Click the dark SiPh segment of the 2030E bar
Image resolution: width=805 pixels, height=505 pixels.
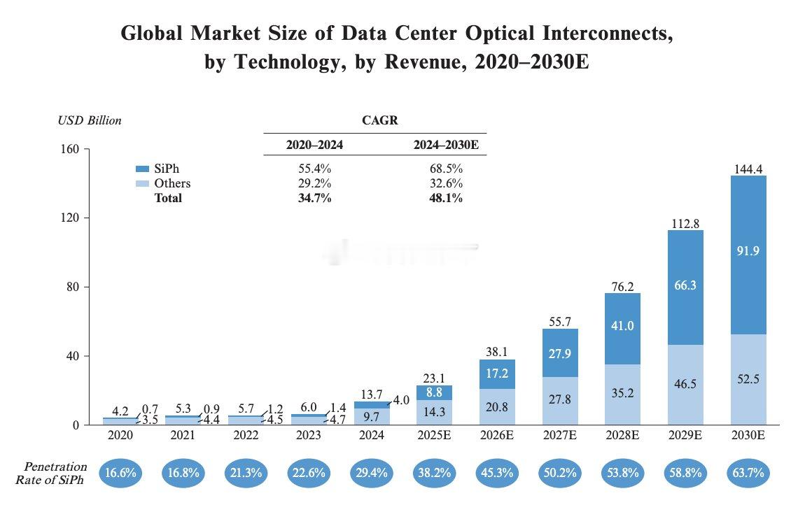(748, 255)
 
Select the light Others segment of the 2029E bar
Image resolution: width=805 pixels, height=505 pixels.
(685, 385)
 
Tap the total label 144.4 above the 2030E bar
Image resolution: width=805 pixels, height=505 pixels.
(748, 169)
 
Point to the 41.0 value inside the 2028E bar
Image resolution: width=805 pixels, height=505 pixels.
(622, 326)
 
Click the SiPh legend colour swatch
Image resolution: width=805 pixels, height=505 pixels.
(142, 169)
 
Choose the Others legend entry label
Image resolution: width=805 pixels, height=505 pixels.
(172, 183)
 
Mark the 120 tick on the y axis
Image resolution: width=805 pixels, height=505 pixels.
(70, 218)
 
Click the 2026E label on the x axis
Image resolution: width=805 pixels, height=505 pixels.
(496, 435)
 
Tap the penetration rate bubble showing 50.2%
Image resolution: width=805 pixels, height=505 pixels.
(559, 473)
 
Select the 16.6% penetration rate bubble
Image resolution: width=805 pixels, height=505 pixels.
(120, 473)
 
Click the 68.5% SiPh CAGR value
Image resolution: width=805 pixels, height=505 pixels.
(446, 169)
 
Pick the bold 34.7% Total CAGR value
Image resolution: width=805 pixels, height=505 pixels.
(314, 198)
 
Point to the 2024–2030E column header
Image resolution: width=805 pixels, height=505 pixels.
(446, 145)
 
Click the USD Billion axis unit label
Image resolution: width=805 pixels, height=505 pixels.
(90, 120)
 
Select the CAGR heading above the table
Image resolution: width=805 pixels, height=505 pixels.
(380, 120)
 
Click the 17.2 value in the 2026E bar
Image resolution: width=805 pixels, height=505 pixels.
(496, 373)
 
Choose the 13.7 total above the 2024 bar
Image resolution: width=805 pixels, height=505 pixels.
(371, 394)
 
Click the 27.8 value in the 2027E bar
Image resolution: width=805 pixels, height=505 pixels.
(559, 399)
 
